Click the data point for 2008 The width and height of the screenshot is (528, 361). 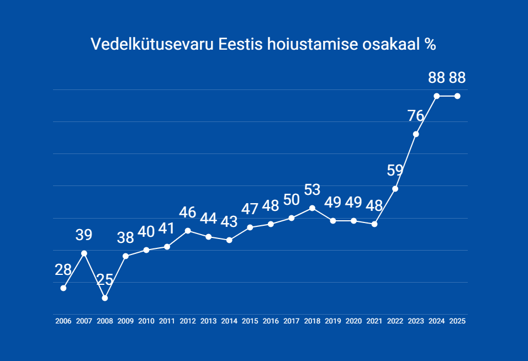coord(105,298)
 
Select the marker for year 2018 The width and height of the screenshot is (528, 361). coord(312,208)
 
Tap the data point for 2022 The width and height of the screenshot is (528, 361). coord(395,189)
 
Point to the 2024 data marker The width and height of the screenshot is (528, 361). coord(437,96)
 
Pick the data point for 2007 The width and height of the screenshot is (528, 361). coord(84,253)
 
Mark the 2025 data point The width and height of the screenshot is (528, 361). coord(457,96)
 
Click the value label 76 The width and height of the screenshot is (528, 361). coord(415,116)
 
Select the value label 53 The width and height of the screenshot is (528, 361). coord(312,190)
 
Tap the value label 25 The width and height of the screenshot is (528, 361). coord(105,279)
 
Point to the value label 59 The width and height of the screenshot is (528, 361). coord(395,170)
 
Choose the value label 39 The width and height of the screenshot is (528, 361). coord(84,235)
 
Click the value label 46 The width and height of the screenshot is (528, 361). coord(188,213)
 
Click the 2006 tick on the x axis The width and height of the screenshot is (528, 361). coord(64,321)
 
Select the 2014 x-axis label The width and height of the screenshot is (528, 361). coord(229,321)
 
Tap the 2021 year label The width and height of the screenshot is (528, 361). coord(374,321)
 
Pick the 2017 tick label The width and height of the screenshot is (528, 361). coord(292,321)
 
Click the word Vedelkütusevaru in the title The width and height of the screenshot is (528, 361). coord(152,44)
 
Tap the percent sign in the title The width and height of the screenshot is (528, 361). coord(430,44)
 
